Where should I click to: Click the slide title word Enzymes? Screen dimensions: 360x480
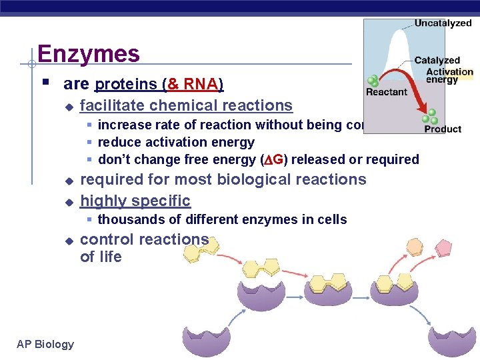(88, 53)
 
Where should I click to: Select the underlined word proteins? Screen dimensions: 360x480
(126, 85)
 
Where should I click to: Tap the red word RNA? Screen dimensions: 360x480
(201, 85)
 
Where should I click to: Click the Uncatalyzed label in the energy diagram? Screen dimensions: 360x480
(443, 23)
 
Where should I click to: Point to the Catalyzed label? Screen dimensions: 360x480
(437, 61)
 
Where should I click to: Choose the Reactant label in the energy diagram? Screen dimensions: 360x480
(386, 92)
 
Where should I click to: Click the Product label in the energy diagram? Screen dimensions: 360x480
(443, 129)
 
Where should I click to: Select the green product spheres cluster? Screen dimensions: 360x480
(432, 117)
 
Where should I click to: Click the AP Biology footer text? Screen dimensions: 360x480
(45, 344)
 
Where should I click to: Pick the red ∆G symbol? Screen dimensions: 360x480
(273, 159)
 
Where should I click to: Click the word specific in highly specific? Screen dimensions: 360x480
(163, 201)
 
